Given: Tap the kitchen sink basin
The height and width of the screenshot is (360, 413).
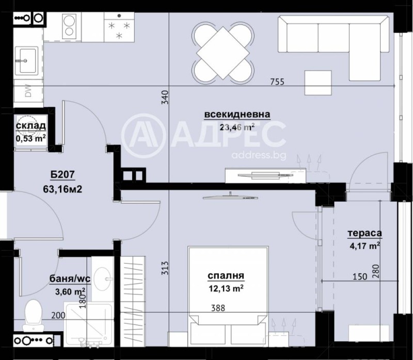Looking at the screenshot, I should click(x=24, y=60).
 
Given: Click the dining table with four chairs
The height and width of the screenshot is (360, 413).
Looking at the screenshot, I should click(x=224, y=52).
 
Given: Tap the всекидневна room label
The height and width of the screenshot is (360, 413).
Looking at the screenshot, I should click(x=230, y=114).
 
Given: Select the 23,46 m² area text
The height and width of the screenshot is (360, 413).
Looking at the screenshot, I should click(x=237, y=127).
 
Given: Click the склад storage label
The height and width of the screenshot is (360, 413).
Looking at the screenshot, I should click(x=31, y=126).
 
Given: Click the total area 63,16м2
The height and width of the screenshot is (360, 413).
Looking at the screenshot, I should click(x=63, y=188).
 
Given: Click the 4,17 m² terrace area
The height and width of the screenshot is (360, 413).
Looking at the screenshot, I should click(x=364, y=246).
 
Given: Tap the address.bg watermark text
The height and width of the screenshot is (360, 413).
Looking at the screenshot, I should click(x=259, y=155).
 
